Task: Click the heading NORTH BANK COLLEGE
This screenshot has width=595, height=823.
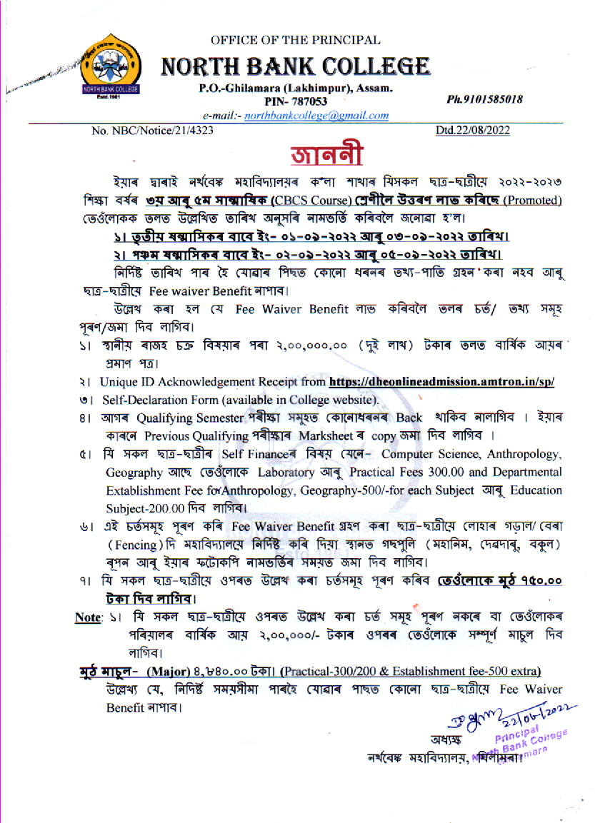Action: pos(296,67)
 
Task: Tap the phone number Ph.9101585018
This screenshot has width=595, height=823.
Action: pos(484,99)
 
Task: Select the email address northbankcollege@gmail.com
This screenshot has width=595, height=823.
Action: pos(316,116)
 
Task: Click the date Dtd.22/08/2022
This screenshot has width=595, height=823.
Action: pos(473,131)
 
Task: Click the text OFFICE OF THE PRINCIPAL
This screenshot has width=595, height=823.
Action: pos(296,41)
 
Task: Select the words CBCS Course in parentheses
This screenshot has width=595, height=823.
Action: pos(316,201)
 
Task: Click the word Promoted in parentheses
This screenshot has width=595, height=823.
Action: pos(533,201)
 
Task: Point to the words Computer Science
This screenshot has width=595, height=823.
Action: pos(428,454)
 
